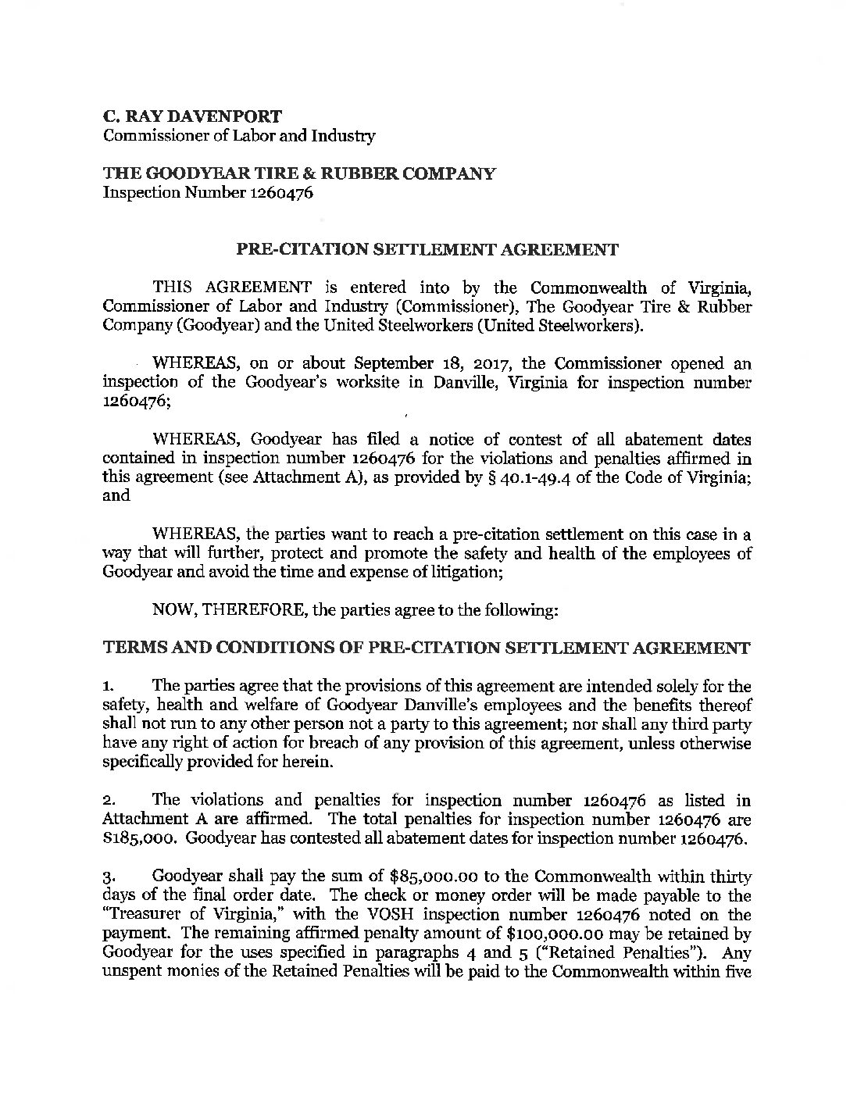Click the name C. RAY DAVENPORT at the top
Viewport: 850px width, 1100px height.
pyautogui.click(x=193, y=116)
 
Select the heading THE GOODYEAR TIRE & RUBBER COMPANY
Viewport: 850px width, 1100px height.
pyautogui.click(x=298, y=173)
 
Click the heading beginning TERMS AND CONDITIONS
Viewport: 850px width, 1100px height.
pyautogui.click(x=427, y=648)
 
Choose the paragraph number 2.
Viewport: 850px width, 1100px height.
pyautogui.click(x=108, y=801)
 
